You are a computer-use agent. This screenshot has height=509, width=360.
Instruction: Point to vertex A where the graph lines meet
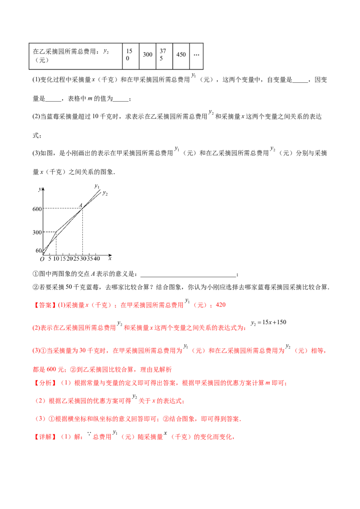81,207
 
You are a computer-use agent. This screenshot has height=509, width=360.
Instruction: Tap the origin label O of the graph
39,251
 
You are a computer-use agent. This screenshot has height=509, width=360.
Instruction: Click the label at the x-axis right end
110,258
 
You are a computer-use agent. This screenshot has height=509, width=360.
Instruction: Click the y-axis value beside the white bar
37,209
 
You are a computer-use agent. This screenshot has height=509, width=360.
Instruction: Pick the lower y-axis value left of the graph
36,232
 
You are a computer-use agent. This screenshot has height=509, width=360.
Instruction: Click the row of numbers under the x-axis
72,258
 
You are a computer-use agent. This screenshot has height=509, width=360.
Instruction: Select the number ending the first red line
220,306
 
